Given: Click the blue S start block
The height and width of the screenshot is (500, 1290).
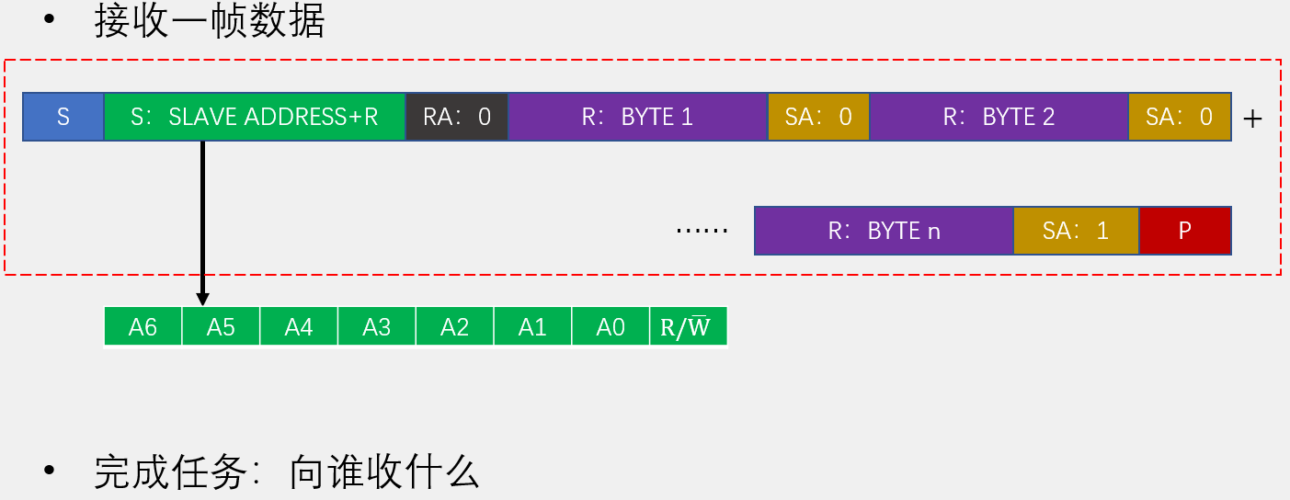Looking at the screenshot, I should tap(63, 117).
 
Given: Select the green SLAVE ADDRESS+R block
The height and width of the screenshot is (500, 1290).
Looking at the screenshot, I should tap(255, 117).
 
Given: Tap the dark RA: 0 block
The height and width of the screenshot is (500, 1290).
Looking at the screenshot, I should tap(456, 117).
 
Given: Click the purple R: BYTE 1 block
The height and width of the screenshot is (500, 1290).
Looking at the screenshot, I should tap(637, 117).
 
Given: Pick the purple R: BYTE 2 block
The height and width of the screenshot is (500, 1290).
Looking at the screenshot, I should tap(999, 117).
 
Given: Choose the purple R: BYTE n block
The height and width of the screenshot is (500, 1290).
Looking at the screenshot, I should tap(884, 231).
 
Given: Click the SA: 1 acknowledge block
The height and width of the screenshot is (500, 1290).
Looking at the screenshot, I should tap(1076, 231).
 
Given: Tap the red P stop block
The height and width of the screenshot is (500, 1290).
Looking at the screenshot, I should tap(1184, 231).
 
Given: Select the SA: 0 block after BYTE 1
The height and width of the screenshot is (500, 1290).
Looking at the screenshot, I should tap(818, 117).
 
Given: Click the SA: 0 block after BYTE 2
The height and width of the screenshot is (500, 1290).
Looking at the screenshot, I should tap(1179, 117).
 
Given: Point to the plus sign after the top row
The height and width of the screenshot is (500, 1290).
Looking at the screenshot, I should tap(1252, 119).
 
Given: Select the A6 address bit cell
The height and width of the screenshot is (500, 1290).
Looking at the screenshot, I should tap(143, 327).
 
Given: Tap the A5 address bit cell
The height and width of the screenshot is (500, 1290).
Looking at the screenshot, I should tap(221, 327).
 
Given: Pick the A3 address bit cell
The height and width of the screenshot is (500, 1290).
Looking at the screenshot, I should tap(377, 327).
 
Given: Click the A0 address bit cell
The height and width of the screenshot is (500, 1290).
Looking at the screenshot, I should tap(611, 327).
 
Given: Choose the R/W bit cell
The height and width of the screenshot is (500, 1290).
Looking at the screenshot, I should tap(686, 327).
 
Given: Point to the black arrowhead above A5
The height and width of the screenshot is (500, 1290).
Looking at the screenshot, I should tap(202, 298).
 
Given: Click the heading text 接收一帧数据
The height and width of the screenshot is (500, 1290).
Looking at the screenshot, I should tap(210, 22).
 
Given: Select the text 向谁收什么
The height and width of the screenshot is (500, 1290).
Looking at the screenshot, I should tap(384, 472).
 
